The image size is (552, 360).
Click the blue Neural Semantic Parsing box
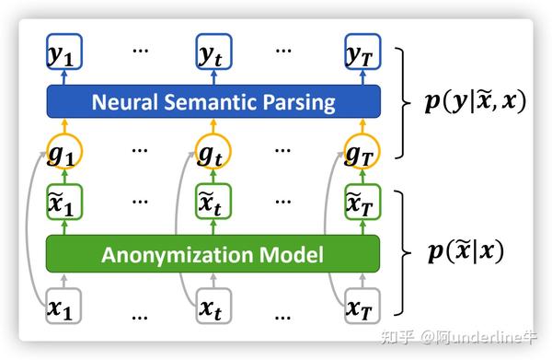point(213,100)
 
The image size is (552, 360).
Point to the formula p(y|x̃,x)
point(475,101)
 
